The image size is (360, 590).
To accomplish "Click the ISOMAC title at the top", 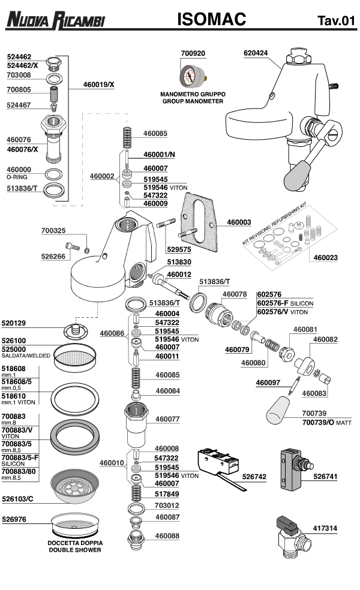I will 211,20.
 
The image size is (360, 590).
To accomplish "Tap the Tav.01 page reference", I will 336,22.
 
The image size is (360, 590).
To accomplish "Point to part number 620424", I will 256,53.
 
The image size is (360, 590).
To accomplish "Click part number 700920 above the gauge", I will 193,53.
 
